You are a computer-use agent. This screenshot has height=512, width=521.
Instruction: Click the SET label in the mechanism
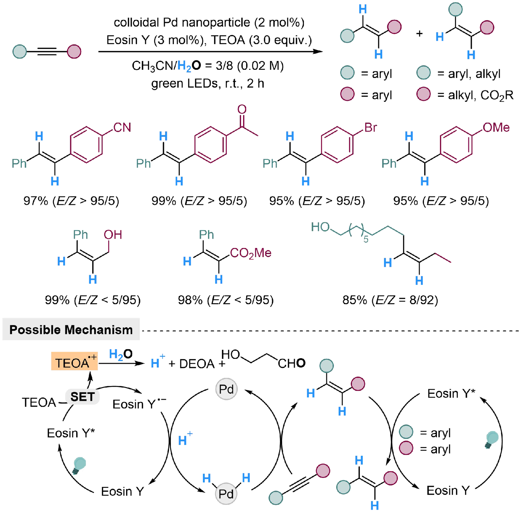point(82,397)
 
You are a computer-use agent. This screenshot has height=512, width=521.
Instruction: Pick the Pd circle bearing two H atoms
point(226,494)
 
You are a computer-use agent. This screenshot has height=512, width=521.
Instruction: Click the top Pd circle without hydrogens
point(226,389)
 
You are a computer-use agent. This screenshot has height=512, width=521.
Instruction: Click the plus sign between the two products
point(419,34)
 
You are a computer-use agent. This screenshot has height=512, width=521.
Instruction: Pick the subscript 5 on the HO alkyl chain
point(366,239)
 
